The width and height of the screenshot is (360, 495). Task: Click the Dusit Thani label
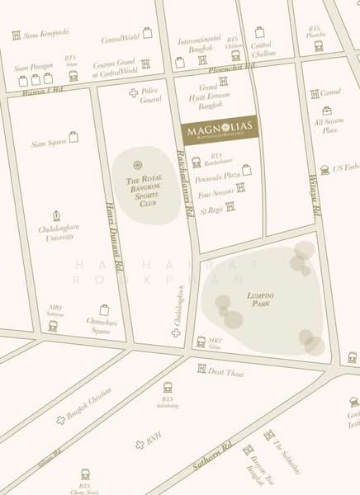(227, 372)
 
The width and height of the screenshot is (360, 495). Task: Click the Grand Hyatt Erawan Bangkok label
(211, 98)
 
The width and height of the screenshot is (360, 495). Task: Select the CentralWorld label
(120, 39)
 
